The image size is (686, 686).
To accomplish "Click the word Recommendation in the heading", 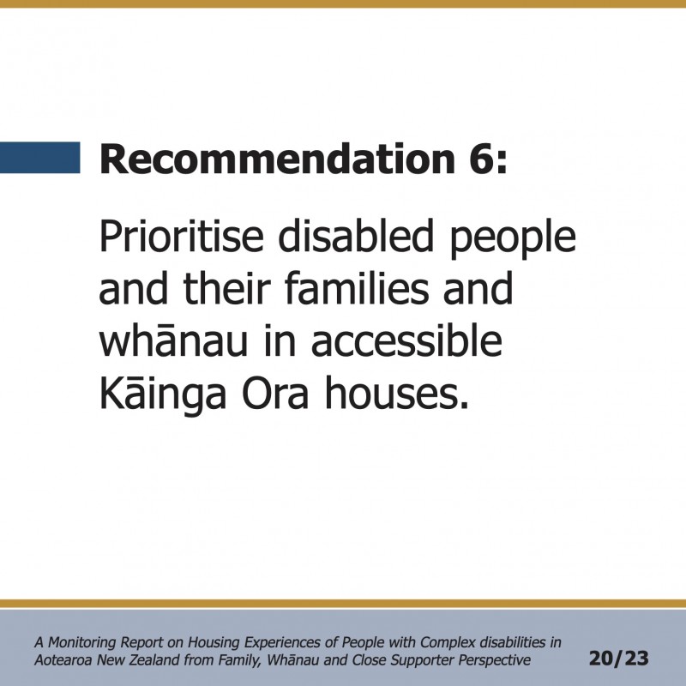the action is point(277,159).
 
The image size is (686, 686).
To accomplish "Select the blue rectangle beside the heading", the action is point(39,158).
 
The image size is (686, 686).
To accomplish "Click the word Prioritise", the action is point(182,238).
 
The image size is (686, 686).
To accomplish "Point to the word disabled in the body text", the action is point(356,237).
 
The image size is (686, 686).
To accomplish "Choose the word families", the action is point(357,288).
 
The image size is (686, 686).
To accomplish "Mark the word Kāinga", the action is point(163,394).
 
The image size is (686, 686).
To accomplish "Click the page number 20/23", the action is point(618,658).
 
